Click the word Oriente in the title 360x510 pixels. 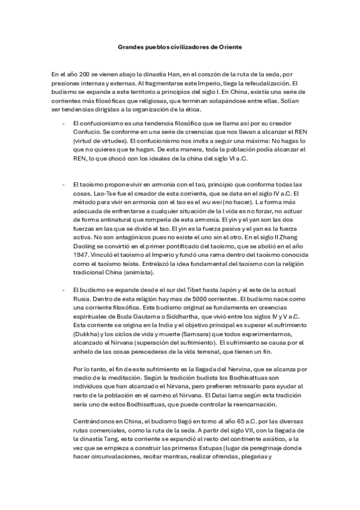[229, 46]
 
